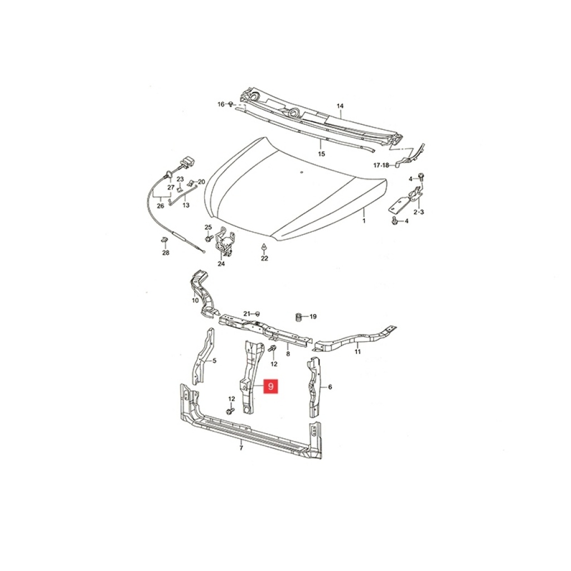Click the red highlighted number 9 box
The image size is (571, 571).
point(270,386)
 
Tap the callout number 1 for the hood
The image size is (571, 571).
point(364,220)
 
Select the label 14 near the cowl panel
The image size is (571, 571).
point(340,106)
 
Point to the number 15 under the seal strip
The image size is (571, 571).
point(321,154)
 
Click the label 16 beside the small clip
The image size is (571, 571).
point(221,104)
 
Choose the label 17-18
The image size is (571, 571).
point(381,165)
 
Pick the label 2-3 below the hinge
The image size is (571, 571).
point(418,212)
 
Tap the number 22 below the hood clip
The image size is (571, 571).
point(264,258)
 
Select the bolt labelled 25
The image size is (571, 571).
point(209,238)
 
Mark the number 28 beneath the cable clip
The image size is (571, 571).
point(166,253)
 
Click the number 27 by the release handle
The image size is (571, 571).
point(171,187)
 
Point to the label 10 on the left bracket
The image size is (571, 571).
point(195,301)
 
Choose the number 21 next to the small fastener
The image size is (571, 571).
point(247,314)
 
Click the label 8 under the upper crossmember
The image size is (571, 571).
point(288,354)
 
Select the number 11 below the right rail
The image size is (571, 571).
point(357,352)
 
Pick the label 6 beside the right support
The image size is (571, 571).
point(330,387)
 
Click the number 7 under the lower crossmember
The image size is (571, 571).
point(241,448)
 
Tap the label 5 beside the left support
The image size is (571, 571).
point(214,361)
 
